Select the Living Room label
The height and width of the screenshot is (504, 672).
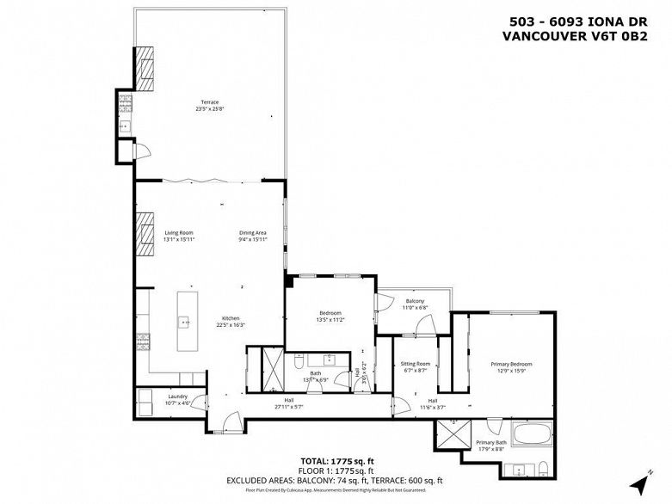click(179, 232)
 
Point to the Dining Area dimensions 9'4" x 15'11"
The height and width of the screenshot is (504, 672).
click(253, 240)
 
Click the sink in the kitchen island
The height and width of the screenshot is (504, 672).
click(185, 322)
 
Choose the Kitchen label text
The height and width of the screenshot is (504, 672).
click(231, 318)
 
